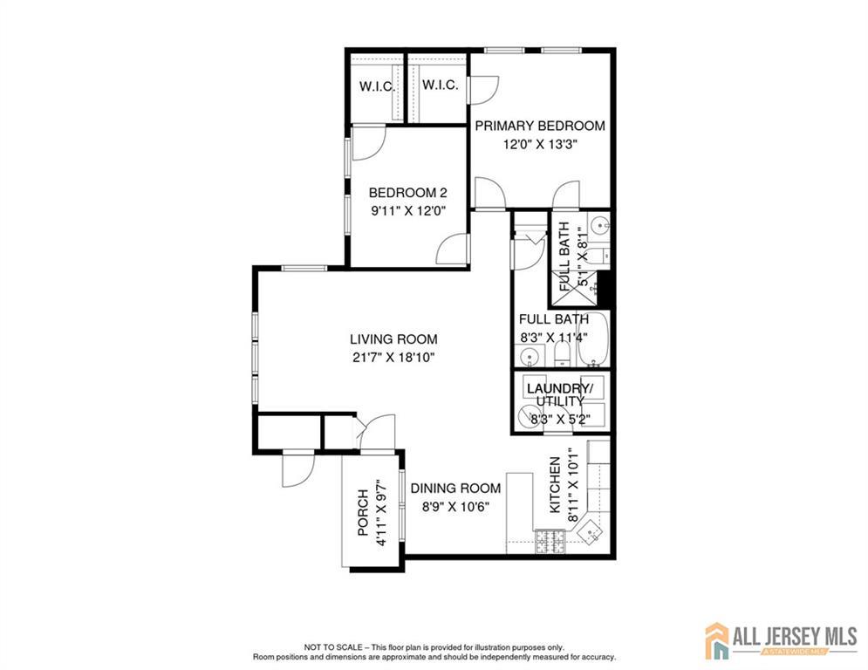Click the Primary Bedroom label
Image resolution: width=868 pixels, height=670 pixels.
[x=540, y=126]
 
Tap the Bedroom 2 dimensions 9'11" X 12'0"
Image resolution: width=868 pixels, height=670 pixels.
[x=408, y=211]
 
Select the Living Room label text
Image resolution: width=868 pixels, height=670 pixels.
[x=393, y=338]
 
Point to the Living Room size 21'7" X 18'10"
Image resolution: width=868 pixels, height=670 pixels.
[x=393, y=358]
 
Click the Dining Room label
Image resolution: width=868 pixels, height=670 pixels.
[x=455, y=489]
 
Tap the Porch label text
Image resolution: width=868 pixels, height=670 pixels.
[x=363, y=513]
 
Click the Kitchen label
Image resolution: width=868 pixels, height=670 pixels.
[x=555, y=485]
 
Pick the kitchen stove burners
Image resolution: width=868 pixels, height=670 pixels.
[x=549, y=542]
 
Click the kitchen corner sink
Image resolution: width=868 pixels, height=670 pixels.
[x=591, y=532]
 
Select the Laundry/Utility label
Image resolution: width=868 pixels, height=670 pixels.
[x=560, y=394]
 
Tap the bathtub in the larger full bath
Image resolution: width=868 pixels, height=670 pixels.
[x=593, y=338]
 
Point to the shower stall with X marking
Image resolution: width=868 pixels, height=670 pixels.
[x=575, y=288]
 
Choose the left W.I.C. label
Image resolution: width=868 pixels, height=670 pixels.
[x=377, y=87]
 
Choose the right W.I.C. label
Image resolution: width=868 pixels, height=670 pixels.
[x=440, y=85]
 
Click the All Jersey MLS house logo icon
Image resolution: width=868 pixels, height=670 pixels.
[x=717, y=640]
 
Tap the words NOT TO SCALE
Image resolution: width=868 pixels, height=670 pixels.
[x=333, y=646]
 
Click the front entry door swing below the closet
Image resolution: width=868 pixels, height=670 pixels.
[x=298, y=470]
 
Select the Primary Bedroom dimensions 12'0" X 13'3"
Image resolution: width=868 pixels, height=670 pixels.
[x=540, y=145]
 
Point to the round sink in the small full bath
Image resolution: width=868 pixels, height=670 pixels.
[x=599, y=225]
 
